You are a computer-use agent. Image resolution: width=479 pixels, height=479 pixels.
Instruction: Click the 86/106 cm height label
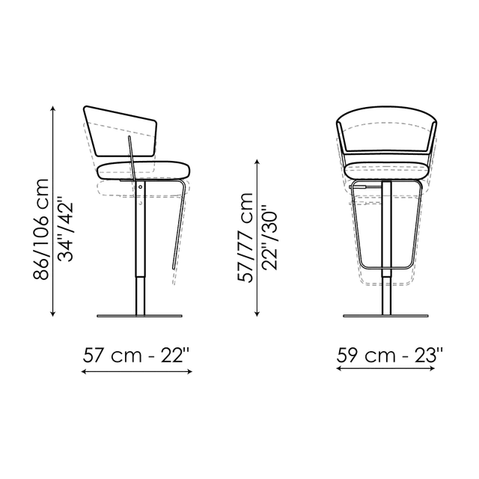[x=41, y=228]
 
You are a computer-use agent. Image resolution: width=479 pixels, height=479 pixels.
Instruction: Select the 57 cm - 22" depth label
[x=138, y=357]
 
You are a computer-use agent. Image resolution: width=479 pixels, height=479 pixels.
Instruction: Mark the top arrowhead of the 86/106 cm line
[x=52, y=107]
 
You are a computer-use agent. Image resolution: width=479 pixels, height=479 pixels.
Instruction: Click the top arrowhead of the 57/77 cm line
[x=259, y=159]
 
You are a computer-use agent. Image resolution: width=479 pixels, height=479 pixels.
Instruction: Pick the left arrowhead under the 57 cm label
[x=82, y=372]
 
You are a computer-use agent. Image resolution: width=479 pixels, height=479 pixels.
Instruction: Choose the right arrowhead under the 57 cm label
[x=194, y=372]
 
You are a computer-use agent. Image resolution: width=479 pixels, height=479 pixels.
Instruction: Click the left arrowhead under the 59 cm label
[x=337, y=372]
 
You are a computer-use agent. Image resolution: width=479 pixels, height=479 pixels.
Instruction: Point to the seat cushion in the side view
[x=142, y=168]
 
